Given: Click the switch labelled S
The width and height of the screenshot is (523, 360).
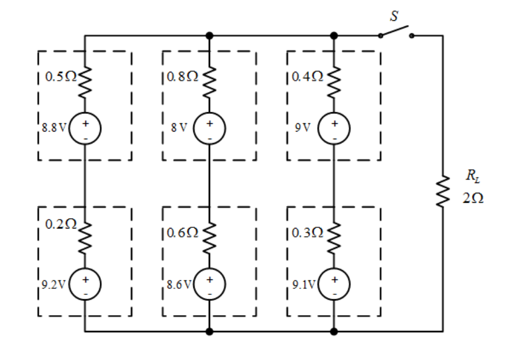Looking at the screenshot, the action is pos(396,31).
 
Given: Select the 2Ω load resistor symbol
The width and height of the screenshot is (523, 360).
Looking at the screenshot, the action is pos(443,191).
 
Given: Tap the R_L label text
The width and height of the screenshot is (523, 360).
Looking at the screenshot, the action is pos(473,176).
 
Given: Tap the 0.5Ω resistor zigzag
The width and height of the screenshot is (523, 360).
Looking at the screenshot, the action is pos(85,82).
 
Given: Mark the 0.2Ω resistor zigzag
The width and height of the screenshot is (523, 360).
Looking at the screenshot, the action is pos(85,238).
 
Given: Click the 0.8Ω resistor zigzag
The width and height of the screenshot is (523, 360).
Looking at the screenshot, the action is pos(209,82).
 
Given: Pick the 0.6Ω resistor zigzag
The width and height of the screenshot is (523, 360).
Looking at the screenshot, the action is pos(209,238).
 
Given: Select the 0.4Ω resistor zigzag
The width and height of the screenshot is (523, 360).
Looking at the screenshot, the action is pos(334,82).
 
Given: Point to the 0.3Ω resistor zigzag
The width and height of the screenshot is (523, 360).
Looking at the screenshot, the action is pos(334,238).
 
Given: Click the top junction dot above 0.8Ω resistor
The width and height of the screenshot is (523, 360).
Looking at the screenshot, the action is pos(209,36).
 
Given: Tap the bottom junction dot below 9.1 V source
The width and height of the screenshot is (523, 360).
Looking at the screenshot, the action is pos(334,332).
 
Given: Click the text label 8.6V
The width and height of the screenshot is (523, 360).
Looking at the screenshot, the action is pos(179,284).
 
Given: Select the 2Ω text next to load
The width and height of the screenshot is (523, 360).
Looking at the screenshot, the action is pos(473,198).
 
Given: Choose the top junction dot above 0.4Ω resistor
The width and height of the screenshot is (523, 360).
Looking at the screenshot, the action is pos(334,36).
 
